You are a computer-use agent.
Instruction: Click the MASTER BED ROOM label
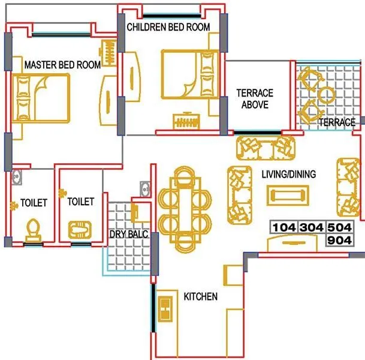coord(62,65)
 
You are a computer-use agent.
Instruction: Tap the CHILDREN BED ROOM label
coord(168,27)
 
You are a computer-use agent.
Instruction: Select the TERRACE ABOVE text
coord(255,98)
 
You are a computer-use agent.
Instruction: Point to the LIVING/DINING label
coord(288,174)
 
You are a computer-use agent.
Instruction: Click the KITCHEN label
coord(200,296)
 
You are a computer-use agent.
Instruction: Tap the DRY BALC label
coord(125,234)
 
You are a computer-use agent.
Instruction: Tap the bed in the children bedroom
coord(189,74)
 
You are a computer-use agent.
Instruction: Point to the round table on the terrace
coord(327,95)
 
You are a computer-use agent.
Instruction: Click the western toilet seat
coord(34,229)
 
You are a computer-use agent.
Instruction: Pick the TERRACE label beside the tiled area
coord(337,122)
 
